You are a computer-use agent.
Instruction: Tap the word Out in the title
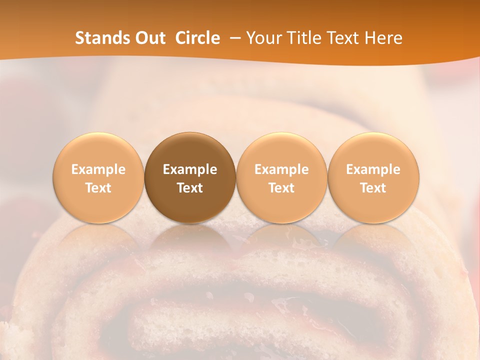click(x=149, y=38)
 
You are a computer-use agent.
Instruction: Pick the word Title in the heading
click(x=303, y=38)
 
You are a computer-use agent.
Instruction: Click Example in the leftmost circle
click(x=98, y=169)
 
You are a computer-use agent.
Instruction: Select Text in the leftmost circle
click(x=98, y=188)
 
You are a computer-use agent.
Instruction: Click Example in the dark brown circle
click(x=190, y=169)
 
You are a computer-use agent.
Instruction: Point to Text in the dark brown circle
click(x=190, y=188)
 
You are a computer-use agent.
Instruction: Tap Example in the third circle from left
click(x=281, y=169)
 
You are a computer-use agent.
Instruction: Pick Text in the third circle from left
click(x=281, y=188)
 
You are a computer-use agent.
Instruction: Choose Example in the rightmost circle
click(x=373, y=169)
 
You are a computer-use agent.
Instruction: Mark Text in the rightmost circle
click(x=373, y=188)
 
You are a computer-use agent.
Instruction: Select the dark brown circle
click(x=190, y=150)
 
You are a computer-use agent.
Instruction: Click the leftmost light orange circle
click(x=98, y=150)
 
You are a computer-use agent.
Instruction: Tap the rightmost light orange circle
click(x=373, y=150)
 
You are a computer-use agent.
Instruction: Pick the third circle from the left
click(x=281, y=150)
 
